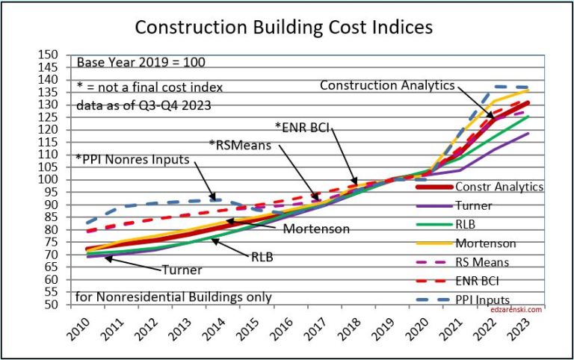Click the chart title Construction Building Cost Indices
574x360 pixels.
[x=283, y=28]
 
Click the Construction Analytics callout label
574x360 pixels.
[x=386, y=85]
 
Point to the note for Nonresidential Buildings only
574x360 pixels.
[x=173, y=297]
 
